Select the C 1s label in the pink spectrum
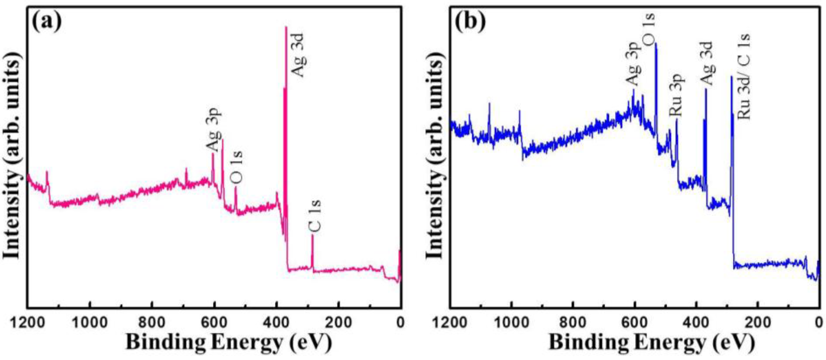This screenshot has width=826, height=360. [x=315, y=215]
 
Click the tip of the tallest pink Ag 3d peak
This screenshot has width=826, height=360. [x=286, y=27]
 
